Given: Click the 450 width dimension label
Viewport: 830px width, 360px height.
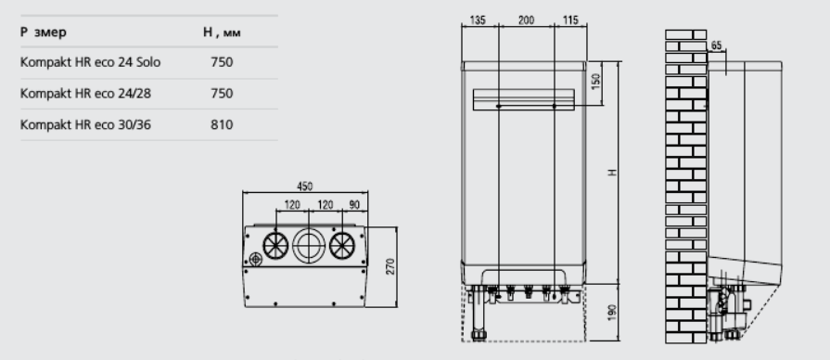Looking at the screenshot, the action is (305, 186).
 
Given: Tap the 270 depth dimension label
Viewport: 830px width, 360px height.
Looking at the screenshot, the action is (390, 266).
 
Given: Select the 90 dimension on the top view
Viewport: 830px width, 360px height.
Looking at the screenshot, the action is (354, 204).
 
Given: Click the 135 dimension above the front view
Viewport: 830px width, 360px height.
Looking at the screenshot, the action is (478, 20).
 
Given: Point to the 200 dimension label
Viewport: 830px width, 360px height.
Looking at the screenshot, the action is (526, 20).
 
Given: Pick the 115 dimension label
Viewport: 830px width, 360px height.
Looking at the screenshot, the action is (570, 20).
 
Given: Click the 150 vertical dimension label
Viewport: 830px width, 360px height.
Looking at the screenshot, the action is (595, 82).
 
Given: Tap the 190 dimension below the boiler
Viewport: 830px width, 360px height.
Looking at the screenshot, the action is (612, 313).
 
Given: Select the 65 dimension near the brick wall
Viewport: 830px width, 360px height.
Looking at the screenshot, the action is (716, 45).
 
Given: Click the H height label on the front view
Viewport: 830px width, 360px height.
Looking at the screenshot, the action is (612, 173).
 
